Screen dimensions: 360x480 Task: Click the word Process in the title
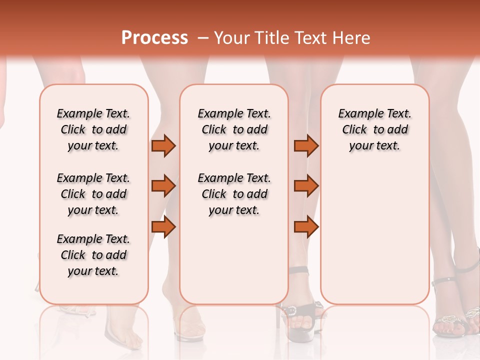[154, 38]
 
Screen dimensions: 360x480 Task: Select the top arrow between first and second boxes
[163, 146]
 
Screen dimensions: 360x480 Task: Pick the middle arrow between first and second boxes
[163, 186]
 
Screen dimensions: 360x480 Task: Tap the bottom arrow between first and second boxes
[163, 227]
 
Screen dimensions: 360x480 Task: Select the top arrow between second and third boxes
[306, 146]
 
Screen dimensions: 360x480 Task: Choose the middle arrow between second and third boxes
[306, 186]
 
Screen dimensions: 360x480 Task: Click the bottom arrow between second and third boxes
[306, 227]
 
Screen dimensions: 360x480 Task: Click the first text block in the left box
[93, 129]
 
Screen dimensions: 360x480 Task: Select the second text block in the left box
[93, 194]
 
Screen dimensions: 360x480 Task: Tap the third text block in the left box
[93, 255]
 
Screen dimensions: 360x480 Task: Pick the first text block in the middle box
[234, 129]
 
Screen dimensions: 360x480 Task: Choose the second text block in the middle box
[234, 194]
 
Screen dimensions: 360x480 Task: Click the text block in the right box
[374, 129]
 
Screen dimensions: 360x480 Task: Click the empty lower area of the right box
[374, 240]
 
